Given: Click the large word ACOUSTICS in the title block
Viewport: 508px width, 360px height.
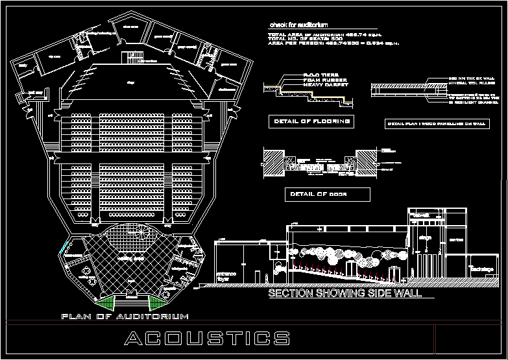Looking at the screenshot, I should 207,338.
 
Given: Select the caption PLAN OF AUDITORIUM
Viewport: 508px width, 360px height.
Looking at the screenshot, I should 125,317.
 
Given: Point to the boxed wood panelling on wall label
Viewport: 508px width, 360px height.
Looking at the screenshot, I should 437,123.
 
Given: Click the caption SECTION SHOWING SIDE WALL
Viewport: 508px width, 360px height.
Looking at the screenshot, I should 345,294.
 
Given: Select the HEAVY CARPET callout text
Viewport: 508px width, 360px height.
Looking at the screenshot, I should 326,85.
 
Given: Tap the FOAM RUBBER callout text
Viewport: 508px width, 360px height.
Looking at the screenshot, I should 324,80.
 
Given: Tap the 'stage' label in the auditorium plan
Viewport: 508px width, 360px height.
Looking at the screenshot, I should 130,82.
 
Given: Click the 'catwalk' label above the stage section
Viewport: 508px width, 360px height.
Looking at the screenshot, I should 422,215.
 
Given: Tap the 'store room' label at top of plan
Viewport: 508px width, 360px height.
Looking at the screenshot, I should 131,27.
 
